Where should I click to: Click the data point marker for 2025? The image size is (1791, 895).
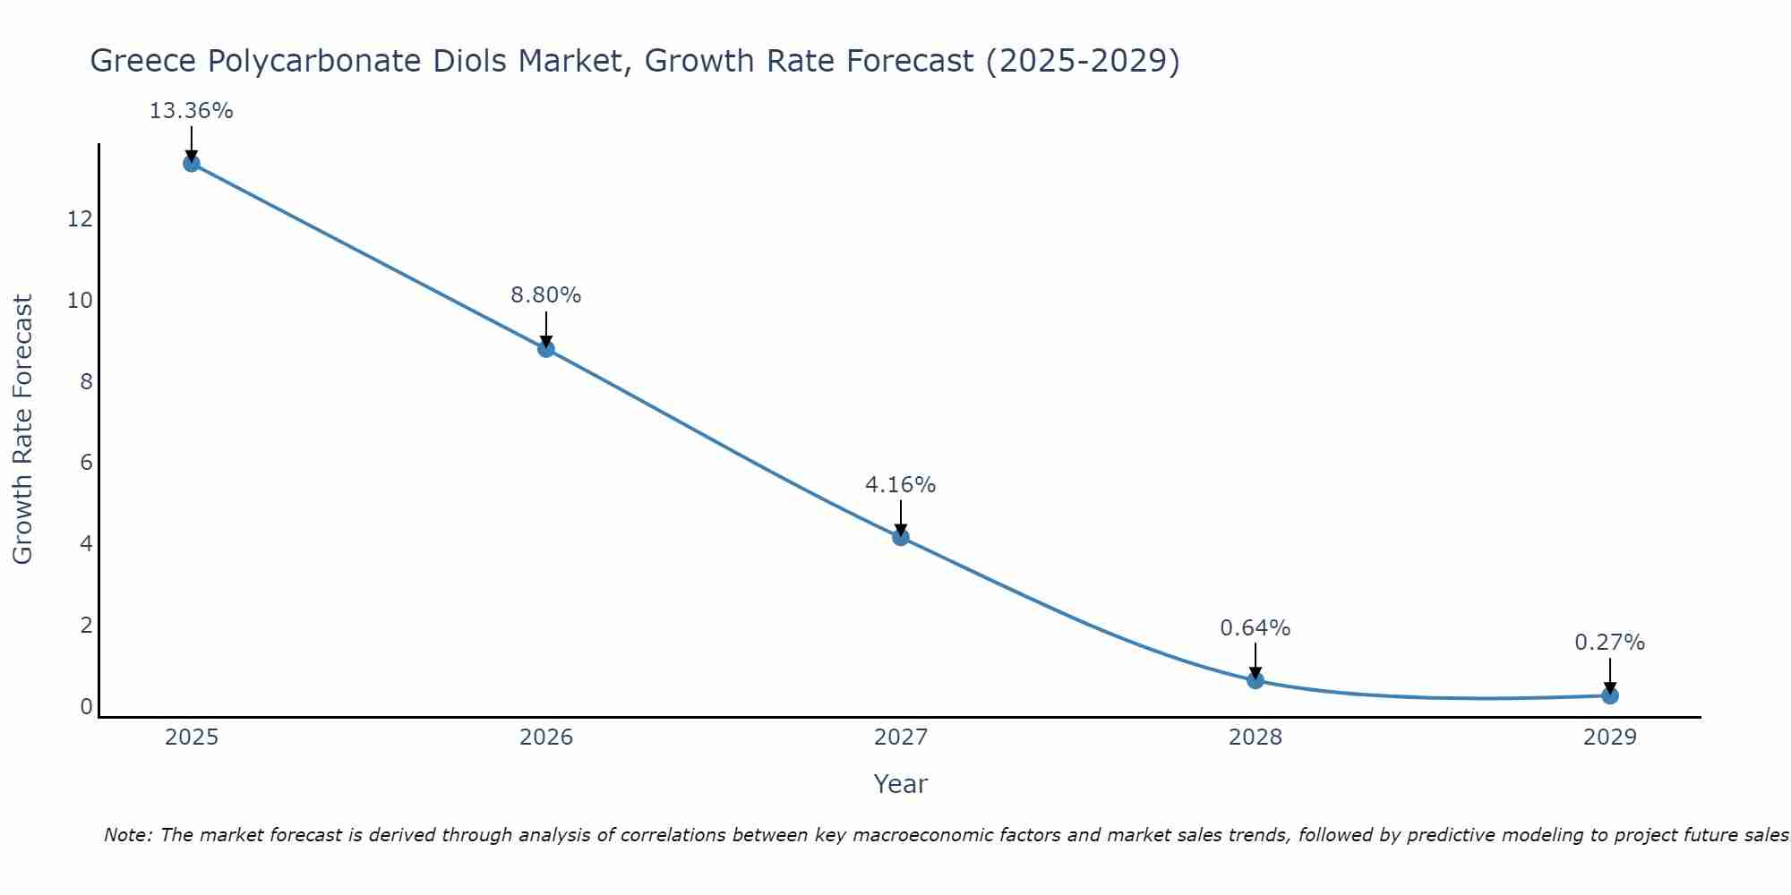191,163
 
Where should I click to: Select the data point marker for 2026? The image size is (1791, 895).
546,348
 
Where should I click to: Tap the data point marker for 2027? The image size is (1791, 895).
901,537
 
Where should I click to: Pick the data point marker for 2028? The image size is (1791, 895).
1255,680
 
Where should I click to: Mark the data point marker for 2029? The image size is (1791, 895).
1610,695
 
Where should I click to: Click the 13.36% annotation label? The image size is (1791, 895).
191,111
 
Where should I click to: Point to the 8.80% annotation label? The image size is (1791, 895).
546,294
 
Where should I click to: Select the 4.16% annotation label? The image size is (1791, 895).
901,484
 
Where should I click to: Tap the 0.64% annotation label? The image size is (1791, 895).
1255,627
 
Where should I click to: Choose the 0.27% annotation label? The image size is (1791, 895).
1610,643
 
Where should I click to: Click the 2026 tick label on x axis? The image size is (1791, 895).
546,737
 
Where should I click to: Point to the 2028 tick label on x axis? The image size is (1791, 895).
1255,737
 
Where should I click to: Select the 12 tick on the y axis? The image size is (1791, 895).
80,218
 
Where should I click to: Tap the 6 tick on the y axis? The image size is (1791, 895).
86,463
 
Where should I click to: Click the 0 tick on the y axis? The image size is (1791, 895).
86,706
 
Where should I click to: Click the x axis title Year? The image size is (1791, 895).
901,784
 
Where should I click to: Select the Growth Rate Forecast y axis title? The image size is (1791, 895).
23,430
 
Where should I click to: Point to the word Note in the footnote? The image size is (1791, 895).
126,835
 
